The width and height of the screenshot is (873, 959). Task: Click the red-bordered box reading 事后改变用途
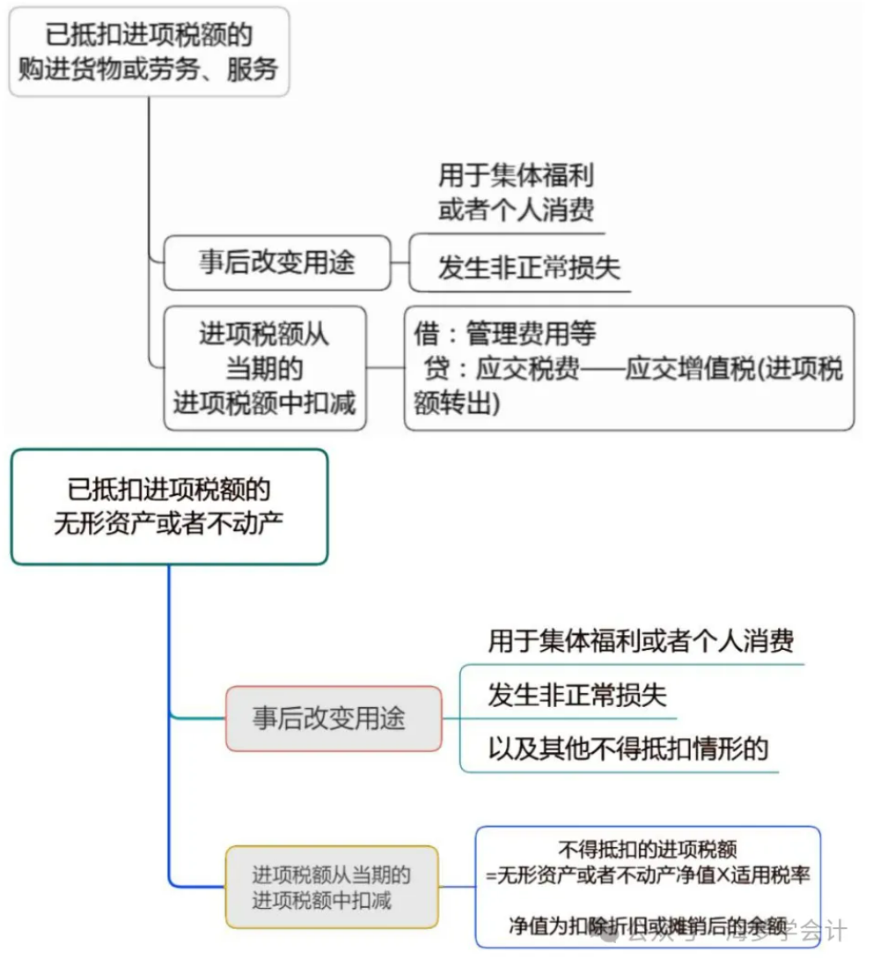click(x=333, y=718)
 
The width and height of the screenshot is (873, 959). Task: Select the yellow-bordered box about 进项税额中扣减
click(x=331, y=887)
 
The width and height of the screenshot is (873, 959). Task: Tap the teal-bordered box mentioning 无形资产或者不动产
click(x=169, y=506)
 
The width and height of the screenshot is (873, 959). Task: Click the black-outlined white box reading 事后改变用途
click(x=276, y=262)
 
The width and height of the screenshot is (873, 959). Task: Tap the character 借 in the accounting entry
click(x=426, y=334)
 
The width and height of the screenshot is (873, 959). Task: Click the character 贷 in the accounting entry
click(x=436, y=368)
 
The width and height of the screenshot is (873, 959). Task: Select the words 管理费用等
click(x=531, y=334)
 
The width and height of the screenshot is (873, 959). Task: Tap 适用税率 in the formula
click(x=774, y=875)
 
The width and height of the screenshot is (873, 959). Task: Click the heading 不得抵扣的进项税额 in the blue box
click(x=648, y=850)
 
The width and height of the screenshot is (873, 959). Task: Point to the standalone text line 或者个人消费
click(x=516, y=210)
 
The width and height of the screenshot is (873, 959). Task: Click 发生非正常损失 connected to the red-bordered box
click(x=577, y=695)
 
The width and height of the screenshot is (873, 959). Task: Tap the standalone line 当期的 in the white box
click(x=264, y=368)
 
